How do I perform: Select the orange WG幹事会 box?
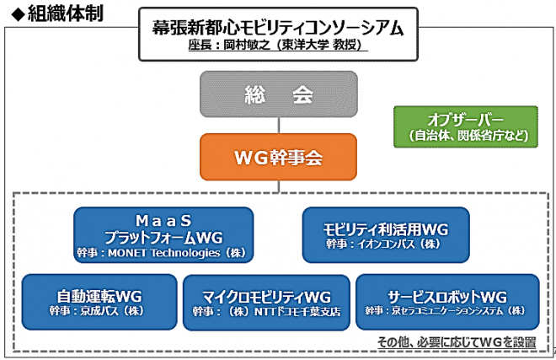tap(278, 156)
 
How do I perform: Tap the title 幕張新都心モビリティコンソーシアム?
tap(278, 27)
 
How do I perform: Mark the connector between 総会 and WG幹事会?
tap(278, 125)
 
